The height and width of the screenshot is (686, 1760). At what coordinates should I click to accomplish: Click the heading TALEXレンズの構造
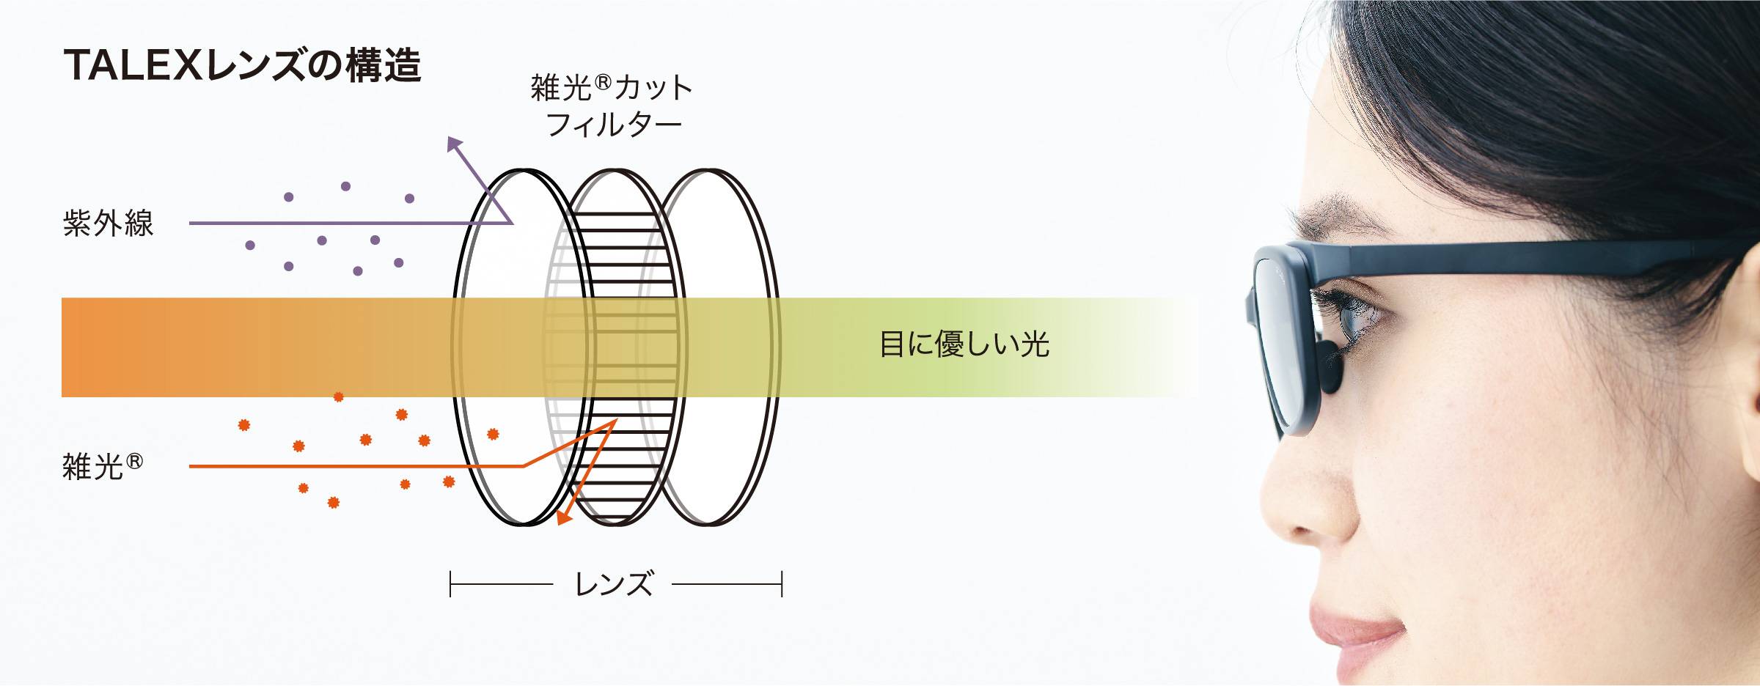tap(243, 65)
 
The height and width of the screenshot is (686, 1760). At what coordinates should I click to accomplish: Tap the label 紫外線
tap(108, 224)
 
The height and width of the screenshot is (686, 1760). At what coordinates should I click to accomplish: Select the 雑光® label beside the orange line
tap(103, 466)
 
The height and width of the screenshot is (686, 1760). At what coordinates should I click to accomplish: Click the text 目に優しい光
tap(964, 344)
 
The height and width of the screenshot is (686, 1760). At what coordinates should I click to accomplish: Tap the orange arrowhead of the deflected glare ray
tap(563, 517)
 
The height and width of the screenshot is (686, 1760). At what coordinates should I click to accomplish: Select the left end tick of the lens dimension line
tap(450, 584)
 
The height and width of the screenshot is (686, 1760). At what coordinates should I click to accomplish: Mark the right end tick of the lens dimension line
tap(782, 584)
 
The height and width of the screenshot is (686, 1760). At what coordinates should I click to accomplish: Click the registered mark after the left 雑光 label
tap(135, 461)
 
